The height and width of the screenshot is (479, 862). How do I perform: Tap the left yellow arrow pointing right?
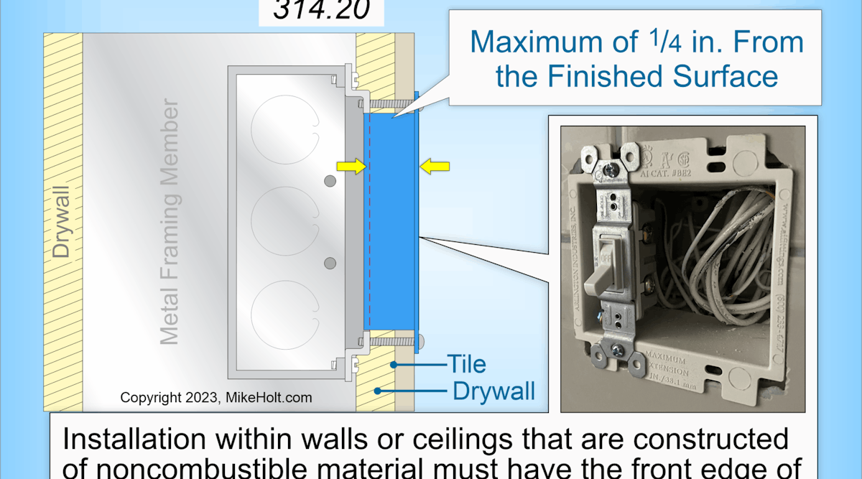coord(350,167)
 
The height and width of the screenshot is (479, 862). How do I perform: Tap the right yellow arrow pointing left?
coord(435,167)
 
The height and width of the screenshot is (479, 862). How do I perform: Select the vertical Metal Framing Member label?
coord(170,223)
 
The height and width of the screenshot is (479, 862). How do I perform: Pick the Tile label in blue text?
coord(465,364)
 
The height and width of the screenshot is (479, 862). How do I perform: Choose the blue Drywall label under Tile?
coord(493,391)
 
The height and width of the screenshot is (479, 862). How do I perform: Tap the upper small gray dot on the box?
coord(330,182)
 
